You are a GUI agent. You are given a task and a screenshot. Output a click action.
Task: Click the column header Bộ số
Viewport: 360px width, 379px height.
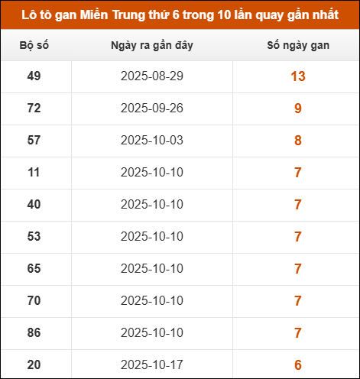[x=34, y=46]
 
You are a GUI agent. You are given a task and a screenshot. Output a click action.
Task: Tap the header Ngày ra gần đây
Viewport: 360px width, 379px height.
[x=152, y=46]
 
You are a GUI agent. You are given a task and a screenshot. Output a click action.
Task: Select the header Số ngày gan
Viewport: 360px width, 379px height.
[x=297, y=46]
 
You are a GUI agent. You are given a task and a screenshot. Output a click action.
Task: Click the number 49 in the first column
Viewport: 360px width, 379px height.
[x=34, y=76]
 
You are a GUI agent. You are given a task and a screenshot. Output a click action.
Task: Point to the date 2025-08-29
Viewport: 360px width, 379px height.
[x=152, y=76]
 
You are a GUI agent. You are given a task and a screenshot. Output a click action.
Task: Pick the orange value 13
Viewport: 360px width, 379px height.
[x=298, y=76]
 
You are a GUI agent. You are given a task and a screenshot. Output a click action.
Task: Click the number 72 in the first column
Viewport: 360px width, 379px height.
[x=34, y=109]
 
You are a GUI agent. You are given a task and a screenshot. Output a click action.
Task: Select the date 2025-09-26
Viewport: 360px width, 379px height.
[x=152, y=109]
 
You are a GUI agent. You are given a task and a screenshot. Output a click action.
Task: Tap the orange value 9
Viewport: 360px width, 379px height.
[x=298, y=109]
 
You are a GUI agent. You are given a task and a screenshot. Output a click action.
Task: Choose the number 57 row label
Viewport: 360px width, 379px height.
[x=34, y=141]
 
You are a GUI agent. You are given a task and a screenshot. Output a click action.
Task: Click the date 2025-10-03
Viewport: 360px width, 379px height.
[x=152, y=141]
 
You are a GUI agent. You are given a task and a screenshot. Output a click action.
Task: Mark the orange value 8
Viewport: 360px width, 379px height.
[x=298, y=141]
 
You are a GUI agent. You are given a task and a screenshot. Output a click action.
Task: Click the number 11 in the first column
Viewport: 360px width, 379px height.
[x=34, y=173]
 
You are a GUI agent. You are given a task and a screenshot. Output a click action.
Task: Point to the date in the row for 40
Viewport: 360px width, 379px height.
[x=152, y=205]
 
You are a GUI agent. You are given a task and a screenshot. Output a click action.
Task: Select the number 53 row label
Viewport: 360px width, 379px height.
[x=34, y=237]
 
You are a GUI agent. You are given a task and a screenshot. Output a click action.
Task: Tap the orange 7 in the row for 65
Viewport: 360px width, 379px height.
[x=298, y=269]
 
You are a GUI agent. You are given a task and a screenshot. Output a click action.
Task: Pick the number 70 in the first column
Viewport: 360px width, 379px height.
[x=34, y=301]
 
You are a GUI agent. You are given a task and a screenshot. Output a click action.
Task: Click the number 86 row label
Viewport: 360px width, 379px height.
[x=34, y=333]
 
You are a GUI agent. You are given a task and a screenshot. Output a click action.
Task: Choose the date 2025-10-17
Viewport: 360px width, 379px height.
[x=152, y=365]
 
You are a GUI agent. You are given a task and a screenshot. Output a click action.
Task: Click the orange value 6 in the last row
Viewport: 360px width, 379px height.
[x=298, y=365]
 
